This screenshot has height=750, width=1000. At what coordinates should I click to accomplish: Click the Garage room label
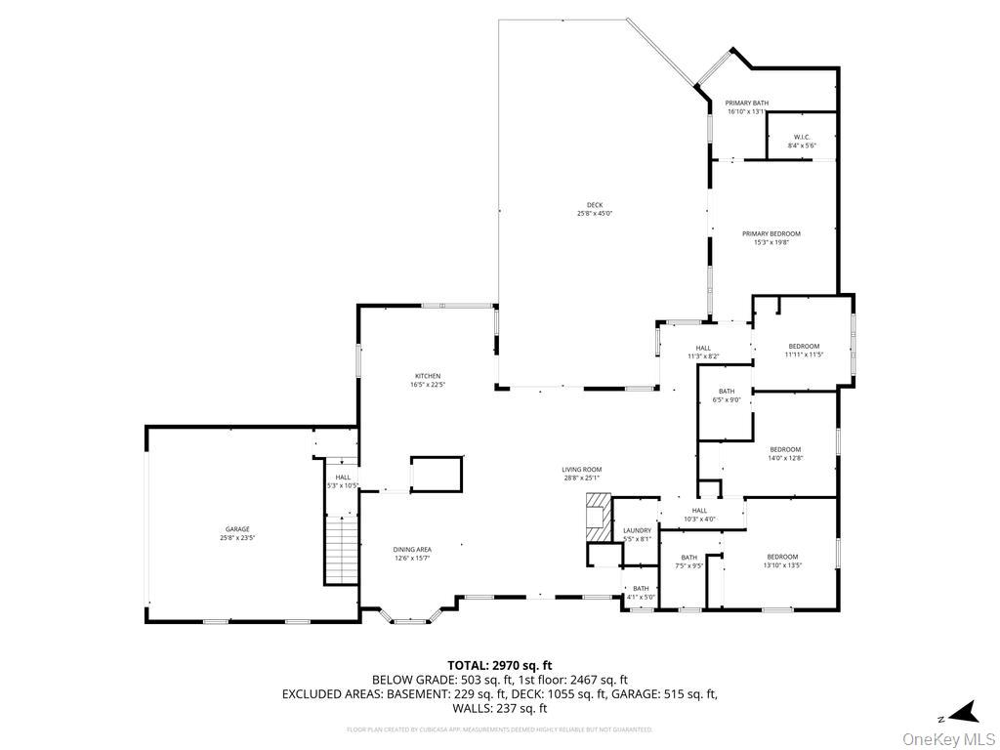point(237,533)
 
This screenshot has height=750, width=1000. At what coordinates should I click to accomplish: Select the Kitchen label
point(428,380)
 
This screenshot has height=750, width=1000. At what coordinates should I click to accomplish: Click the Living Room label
point(581,474)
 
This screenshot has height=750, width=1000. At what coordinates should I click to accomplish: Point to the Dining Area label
point(412,554)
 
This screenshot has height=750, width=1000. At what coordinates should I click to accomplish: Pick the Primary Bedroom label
point(771,237)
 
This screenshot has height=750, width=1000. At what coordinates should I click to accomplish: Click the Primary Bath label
point(746,106)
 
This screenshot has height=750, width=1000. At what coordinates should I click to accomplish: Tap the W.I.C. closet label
point(801,141)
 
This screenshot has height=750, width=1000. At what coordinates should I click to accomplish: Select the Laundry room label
point(637,534)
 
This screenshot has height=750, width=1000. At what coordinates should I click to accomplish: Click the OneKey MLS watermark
point(948,738)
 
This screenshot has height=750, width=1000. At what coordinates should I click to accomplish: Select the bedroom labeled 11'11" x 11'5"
point(804,350)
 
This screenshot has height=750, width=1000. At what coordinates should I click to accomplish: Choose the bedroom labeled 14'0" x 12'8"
point(785,453)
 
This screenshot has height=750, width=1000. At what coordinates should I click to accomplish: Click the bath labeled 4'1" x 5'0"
point(640,592)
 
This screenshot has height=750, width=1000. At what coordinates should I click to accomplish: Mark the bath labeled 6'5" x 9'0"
point(727,395)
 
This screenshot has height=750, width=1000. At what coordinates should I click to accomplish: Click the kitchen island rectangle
point(436,473)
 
